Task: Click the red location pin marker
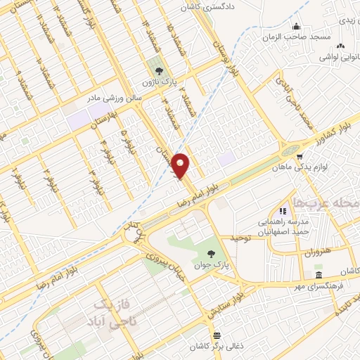coord(181,165)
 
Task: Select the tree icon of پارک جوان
coord(212,254)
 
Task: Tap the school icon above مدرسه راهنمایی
coord(283,210)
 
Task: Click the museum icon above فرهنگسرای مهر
coord(319,274)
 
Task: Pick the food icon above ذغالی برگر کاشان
coord(216,335)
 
